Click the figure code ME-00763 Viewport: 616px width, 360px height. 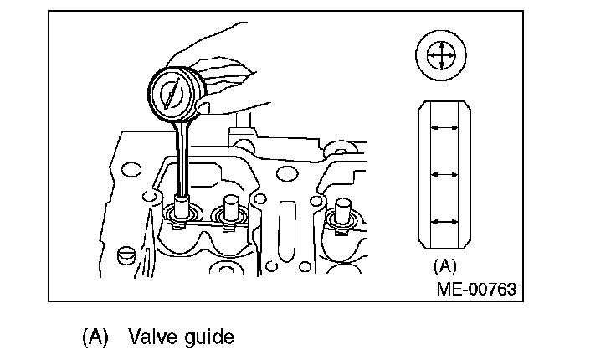pos(475,289)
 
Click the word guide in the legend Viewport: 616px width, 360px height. pos(204,337)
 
